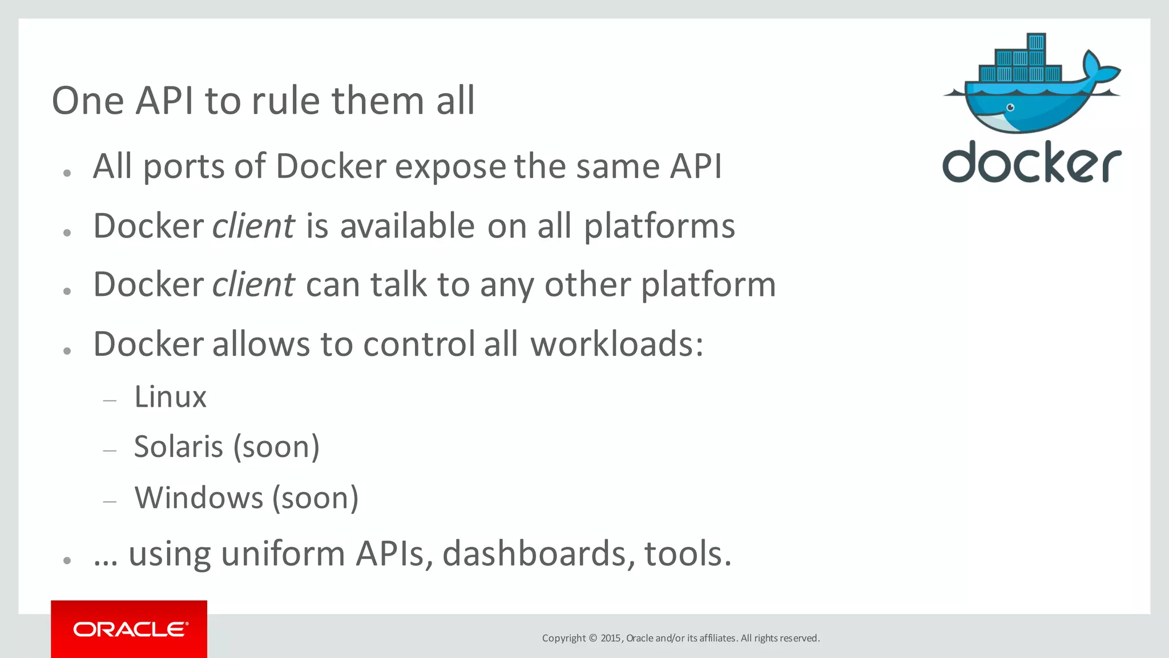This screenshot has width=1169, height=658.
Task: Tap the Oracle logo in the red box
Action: click(x=130, y=629)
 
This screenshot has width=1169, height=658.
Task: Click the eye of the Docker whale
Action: click(x=1010, y=107)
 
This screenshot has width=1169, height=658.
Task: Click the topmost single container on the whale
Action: click(x=1036, y=42)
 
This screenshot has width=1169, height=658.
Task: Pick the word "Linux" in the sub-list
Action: click(x=170, y=397)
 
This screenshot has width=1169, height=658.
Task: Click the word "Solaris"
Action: click(x=178, y=447)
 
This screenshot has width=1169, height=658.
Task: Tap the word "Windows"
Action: click(x=199, y=497)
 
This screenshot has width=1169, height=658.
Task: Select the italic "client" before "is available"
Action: click(x=253, y=226)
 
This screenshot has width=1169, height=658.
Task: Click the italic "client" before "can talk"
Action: click(x=253, y=285)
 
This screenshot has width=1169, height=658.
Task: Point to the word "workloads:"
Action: click(x=617, y=344)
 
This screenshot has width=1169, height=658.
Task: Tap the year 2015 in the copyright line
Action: click(x=611, y=638)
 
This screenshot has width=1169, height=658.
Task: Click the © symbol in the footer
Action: click(x=592, y=638)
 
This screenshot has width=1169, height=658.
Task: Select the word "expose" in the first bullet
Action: click(x=450, y=167)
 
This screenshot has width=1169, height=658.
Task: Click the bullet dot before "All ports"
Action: click(x=67, y=173)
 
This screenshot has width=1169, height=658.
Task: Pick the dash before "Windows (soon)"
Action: click(x=110, y=502)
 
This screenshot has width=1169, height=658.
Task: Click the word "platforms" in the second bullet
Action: click(x=659, y=226)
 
